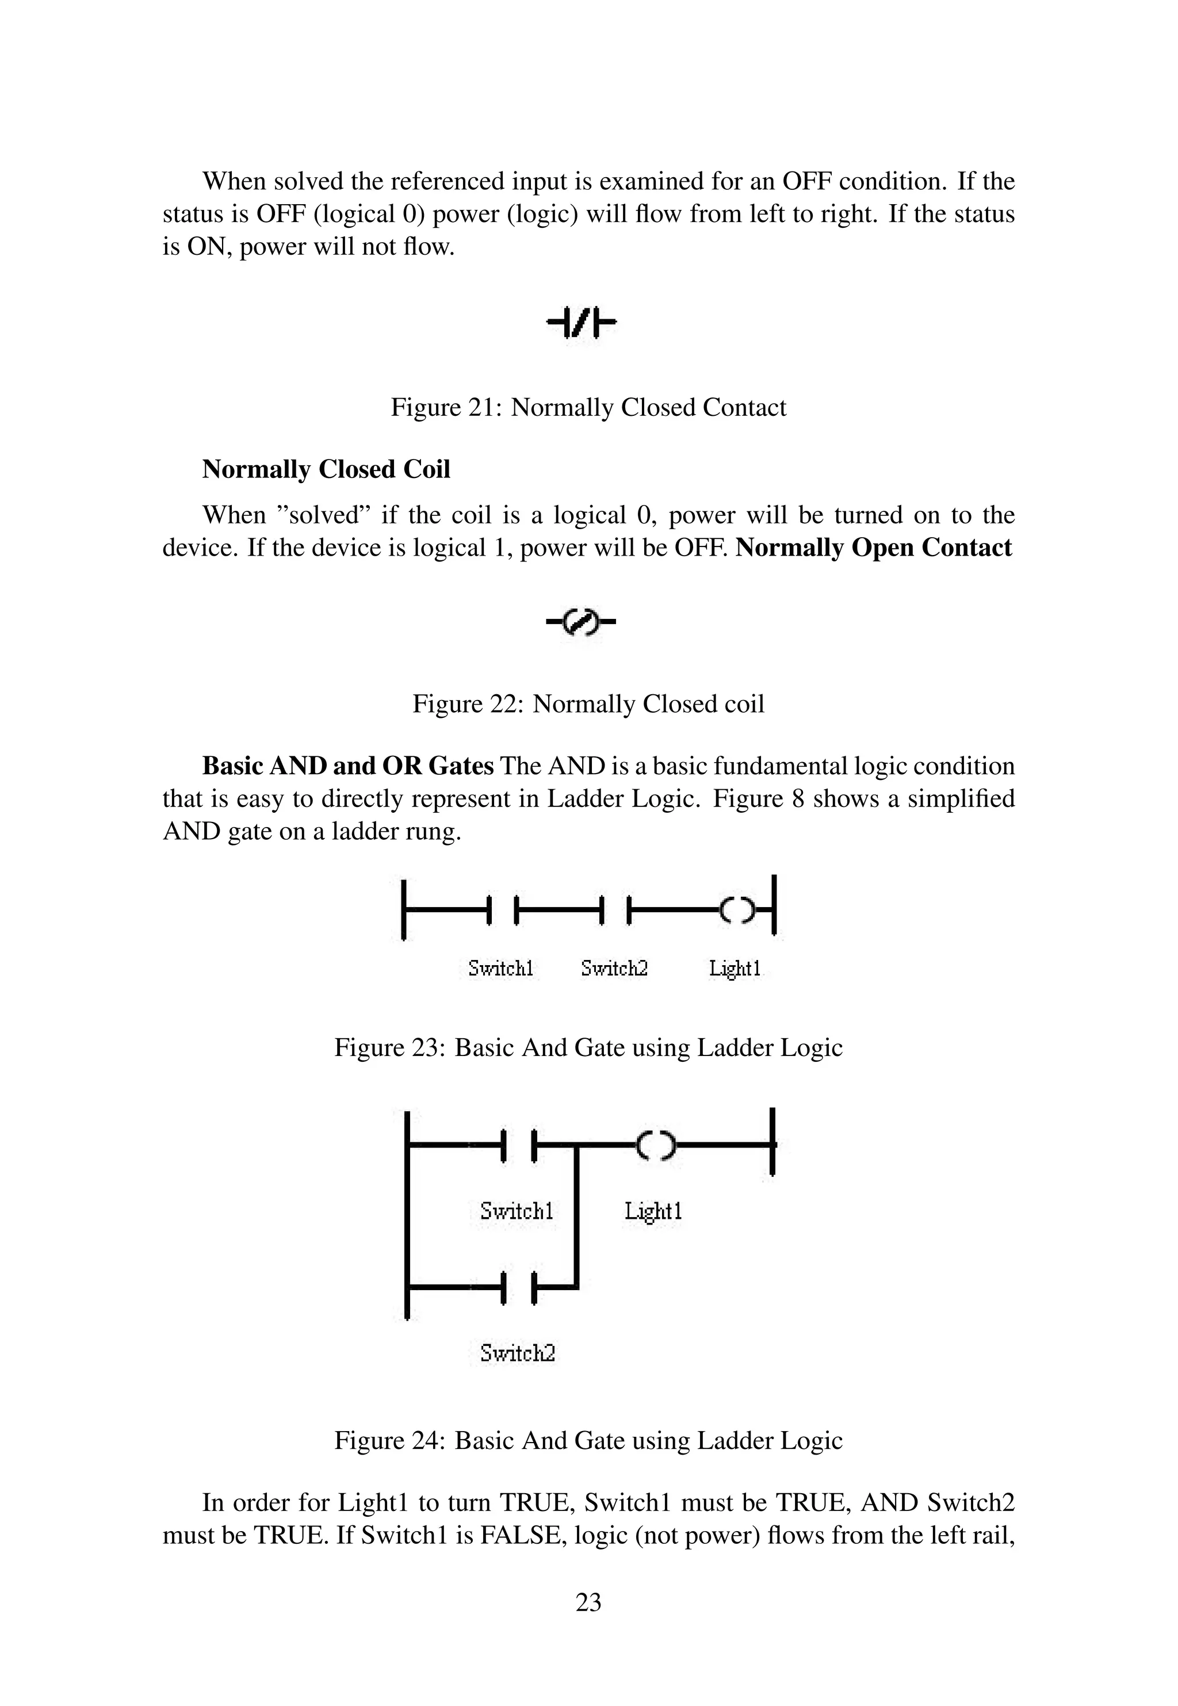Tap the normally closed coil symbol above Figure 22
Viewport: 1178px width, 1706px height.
581,624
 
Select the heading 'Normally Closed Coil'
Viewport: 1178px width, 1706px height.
326,469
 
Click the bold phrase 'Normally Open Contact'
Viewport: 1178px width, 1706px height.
874,548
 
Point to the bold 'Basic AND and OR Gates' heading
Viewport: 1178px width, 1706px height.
347,766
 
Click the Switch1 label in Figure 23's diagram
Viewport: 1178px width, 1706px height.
500,967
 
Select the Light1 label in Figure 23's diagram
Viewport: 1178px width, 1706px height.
735,967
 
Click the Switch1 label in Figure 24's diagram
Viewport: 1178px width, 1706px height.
516,1210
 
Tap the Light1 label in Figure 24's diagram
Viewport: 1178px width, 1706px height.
653,1210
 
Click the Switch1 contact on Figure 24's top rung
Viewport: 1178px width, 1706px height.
519,1145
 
